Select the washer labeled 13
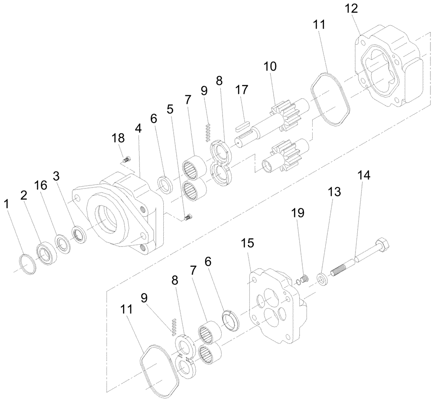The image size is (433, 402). (x=323, y=278)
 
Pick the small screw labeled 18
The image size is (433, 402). (x=126, y=160)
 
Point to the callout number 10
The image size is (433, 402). (x=270, y=67)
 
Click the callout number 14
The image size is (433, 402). (x=364, y=175)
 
